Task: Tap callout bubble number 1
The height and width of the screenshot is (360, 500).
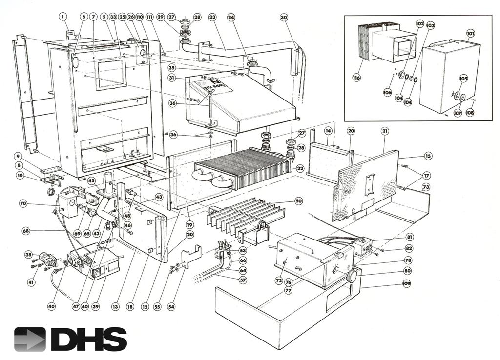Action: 63,16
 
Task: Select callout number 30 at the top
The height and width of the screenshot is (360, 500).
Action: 284,17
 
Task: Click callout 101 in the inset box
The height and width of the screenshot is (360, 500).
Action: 470,34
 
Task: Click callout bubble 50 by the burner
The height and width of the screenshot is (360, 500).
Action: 298,201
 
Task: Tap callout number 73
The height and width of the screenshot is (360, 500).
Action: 426,187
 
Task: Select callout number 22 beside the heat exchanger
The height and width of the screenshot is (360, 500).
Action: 300,168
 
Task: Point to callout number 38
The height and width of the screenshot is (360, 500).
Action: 29,255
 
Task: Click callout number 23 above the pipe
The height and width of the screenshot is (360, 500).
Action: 212,17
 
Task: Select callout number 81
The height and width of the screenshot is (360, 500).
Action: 409,237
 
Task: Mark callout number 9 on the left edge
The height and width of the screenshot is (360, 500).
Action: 18,157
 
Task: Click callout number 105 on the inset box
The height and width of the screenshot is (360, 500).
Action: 463,78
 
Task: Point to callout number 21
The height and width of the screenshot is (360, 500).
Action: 384,131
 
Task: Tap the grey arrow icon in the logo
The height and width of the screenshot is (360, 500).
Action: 30,339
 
